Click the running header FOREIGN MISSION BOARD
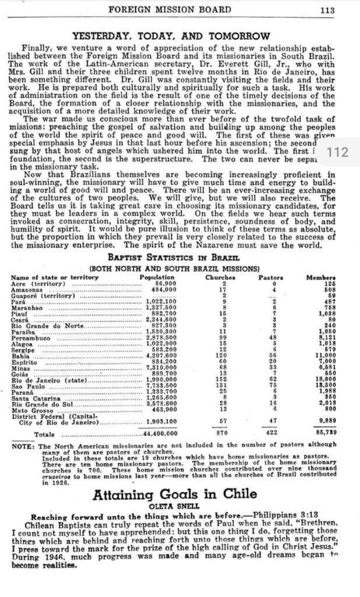pyautogui.click(x=169, y=9)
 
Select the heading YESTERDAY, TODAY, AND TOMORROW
pyautogui.click(x=171, y=36)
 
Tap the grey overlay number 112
pyautogui.click(x=338, y=152)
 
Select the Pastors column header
pyautogui.click(x=271, y=277)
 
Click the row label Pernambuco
pyautogui.click(x=31, y=338)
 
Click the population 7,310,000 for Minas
pyautogui.click(x=161, y=368)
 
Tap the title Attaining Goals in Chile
pyautogui.click(x=175, y=494)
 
